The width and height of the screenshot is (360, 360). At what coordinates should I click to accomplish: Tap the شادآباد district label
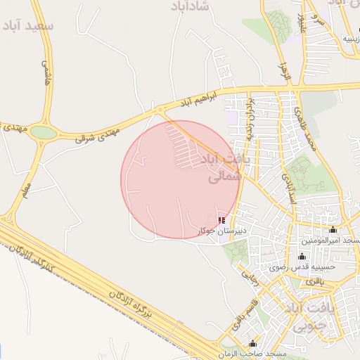click(191, 6)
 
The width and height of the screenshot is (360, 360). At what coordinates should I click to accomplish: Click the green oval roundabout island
click(44, 132)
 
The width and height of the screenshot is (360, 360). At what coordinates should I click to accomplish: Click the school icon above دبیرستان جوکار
click(222, 220)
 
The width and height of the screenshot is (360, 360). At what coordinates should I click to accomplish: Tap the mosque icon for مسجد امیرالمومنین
click(333, 230)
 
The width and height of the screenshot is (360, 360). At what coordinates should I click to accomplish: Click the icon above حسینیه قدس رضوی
click(302, 256)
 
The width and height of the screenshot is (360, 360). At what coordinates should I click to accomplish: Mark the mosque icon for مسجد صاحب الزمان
click(253, 343)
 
